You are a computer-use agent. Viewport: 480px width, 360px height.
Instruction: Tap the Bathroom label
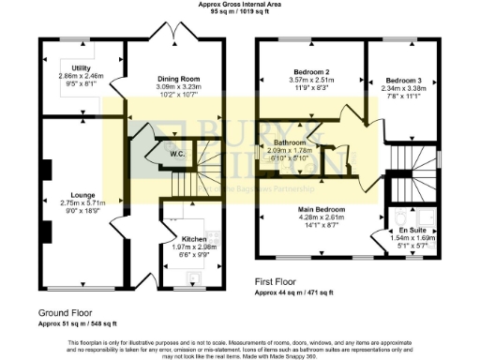pos(290,143)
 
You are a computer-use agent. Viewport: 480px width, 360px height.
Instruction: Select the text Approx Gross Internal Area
pos(238,5)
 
